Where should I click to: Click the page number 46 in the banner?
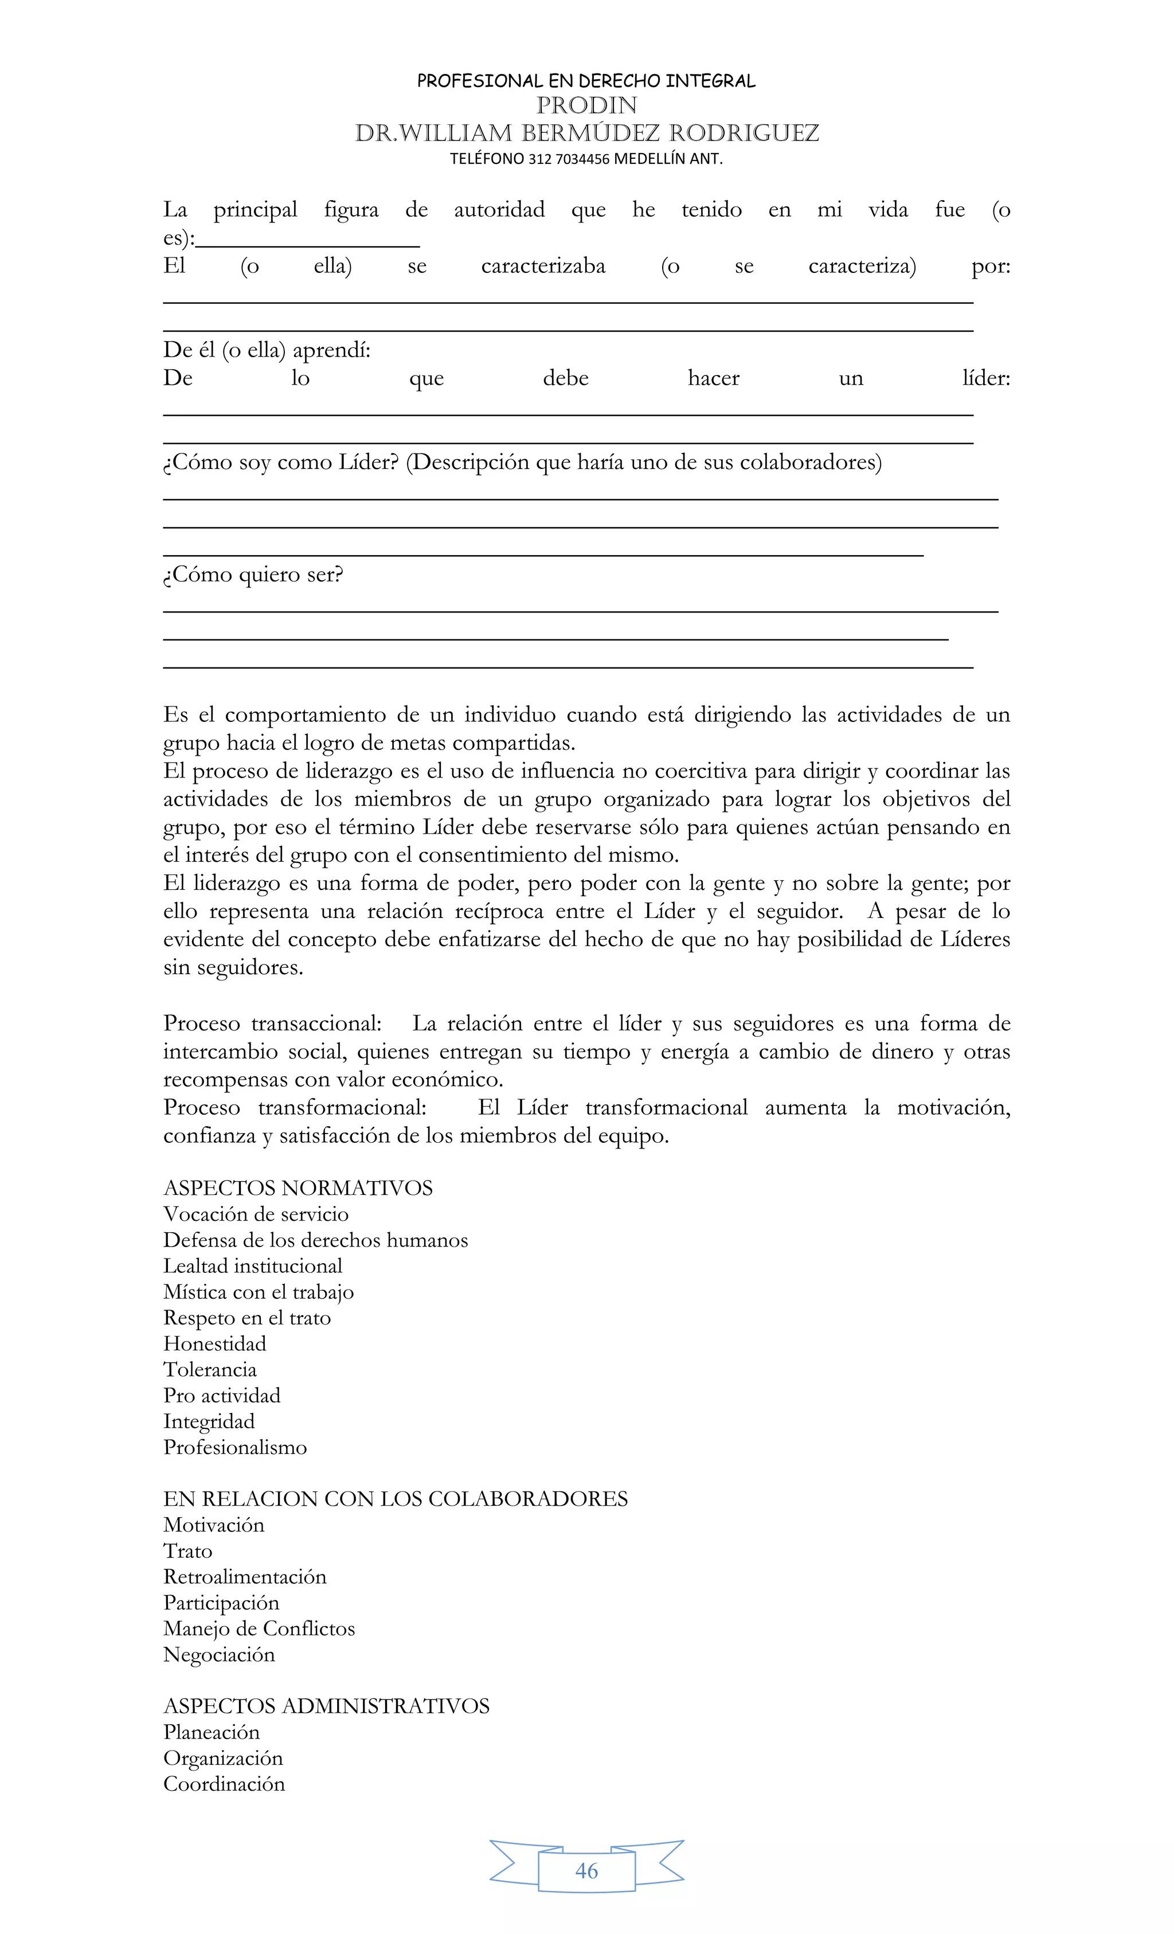click(586, 1870)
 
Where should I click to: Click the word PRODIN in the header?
click(586, 105)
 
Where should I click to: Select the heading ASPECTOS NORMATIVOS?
click(298, 1187)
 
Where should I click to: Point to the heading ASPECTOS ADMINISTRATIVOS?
click(326, 1706)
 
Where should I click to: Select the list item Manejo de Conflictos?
click(259, 1628)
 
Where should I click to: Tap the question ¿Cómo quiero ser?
click(253, 575)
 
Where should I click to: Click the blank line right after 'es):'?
click(308, 241)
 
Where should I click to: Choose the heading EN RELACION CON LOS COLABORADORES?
click(395, 1498)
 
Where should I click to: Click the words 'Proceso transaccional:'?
click(272, 1023)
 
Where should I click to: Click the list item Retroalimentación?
click(244, 1576)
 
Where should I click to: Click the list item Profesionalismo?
click(234, 1447)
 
